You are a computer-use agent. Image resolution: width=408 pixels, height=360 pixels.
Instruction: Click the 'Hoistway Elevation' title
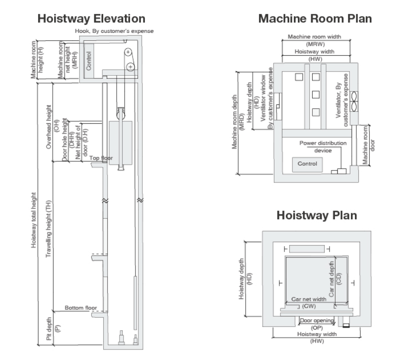point(91,19)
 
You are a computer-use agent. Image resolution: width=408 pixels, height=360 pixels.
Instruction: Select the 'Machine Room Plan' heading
point(315,19)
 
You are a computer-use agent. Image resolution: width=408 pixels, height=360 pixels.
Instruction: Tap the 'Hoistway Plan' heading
point(317,216)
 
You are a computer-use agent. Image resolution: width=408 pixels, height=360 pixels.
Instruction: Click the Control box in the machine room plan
point(307,165)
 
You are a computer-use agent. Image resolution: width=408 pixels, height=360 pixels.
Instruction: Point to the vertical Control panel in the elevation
point(89,61)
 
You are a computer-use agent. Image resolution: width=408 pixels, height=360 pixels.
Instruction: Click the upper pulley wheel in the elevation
point(128,52)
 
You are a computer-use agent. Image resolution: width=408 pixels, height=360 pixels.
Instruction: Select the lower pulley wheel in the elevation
point(131,67)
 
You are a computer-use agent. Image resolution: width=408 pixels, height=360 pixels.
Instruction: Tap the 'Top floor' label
point(101,158)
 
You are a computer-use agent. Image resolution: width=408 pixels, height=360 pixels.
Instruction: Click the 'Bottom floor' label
point(81,308)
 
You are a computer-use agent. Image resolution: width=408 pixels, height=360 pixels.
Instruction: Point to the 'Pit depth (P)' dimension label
point(53,329)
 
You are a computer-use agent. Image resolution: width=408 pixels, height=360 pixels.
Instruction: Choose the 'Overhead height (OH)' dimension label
point(52,127)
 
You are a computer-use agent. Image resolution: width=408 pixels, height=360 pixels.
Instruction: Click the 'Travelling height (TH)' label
point(49,229)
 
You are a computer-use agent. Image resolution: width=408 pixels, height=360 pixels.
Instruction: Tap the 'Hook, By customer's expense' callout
point(114,31)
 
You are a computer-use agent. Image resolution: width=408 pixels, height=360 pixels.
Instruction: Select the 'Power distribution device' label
point(323,147)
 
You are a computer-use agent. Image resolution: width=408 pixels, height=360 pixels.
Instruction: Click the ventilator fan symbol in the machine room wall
point(354,101)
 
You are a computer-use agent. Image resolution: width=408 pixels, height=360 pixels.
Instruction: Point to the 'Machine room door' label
point(369,145)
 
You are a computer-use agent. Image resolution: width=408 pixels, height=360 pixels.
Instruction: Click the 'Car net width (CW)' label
point(309,302)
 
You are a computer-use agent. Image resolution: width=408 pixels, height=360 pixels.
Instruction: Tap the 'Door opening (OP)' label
point(317,324)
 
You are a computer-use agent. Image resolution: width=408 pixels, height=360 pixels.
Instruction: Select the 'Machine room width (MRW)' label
point(315,40)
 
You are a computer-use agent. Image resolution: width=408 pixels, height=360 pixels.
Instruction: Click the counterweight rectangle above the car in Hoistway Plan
point(307,249)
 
